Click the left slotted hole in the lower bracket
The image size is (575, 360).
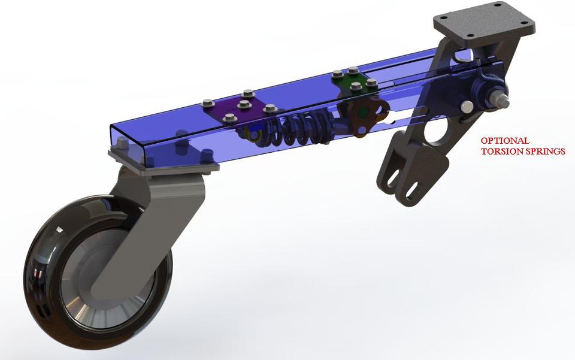click(x=392, y=178)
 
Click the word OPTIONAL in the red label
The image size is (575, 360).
click(x=504, y=141)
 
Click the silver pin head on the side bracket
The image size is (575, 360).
click(x=464, y=106)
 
